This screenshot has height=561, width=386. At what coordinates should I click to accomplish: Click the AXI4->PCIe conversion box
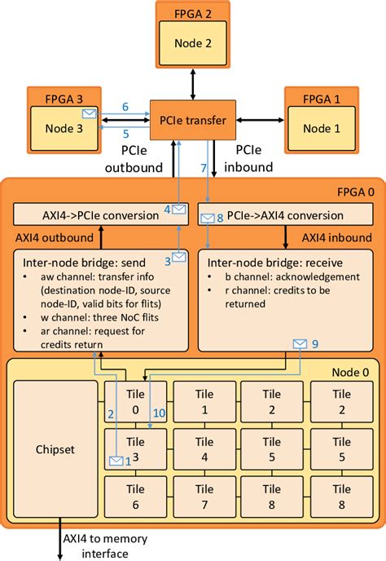point(97,215)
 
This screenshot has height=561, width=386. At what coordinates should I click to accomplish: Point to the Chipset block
point(55,450)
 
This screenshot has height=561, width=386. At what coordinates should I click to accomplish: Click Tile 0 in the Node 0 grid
point(135,400)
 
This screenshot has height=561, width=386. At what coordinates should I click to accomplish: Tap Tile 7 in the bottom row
point(205,500)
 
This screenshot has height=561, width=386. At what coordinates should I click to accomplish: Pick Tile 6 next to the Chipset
point(135,500)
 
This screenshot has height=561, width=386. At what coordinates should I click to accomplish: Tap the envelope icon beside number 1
point(115,462)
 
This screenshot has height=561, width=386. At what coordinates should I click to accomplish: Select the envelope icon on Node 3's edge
point(89,113)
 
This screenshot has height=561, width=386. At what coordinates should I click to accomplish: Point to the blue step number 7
point(204,168)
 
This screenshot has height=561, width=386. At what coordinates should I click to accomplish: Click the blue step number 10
point(160,413)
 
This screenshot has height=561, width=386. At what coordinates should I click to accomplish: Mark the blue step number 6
point(125,107)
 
